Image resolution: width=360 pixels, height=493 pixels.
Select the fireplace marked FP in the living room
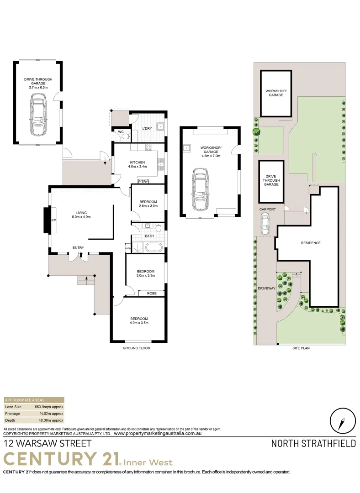click(x=48, y=220)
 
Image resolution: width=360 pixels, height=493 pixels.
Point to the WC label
click(x=121, y=132)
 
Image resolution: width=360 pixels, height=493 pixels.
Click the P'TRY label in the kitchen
click(x=143, y=181)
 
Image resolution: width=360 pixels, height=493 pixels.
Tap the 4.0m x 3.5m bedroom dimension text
click(x=139, y=323)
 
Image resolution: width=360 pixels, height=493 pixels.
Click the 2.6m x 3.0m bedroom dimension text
click(x=148, y=206)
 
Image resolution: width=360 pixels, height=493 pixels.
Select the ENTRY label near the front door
click(x=78, y=248)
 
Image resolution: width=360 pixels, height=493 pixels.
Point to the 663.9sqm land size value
click(x=49, y=407)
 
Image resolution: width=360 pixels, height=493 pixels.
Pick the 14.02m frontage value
click(x=51, y=413)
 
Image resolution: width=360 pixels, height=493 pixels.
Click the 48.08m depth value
click(x=50, y=420)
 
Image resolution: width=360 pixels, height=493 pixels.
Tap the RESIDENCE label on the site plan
click(x=310, y=243)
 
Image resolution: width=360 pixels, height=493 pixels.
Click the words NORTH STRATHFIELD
click(x=313, y=443)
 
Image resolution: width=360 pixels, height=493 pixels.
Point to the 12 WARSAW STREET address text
click(x=48, y=443)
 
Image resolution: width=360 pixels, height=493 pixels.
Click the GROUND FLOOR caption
click(x=136, y=348)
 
